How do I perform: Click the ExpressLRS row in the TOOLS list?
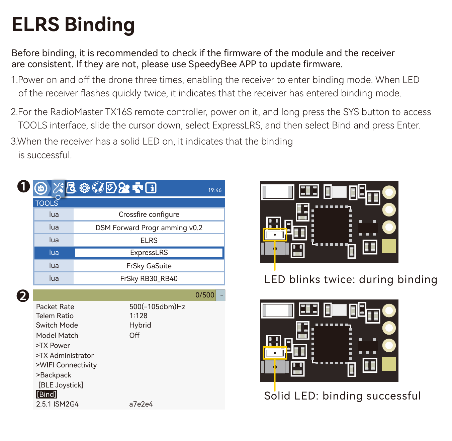149,253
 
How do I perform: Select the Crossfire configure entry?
149,214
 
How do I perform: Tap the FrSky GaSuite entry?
149,266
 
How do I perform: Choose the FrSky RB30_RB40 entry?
149,279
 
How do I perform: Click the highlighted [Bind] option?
47,394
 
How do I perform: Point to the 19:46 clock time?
215,190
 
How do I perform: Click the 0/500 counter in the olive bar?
205,295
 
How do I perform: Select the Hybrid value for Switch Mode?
140,325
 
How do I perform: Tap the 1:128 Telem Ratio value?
138,316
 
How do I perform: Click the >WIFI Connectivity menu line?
66,365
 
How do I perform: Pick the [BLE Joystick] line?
61,385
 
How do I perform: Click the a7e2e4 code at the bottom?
141,404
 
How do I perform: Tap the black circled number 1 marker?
23,186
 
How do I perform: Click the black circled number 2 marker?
23,296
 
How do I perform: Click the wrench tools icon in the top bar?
58,188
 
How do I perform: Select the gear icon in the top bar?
84,188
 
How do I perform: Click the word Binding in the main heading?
99,25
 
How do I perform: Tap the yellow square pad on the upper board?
389,246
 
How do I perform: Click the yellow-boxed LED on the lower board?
275,353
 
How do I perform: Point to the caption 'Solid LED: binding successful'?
342,396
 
